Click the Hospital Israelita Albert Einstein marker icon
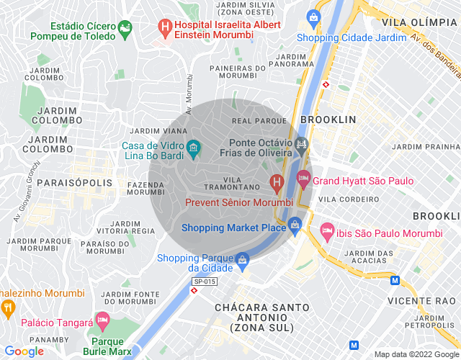(x=165, y=27)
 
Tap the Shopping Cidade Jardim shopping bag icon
(x=313, y=17)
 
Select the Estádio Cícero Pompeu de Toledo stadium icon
(x=126, y=29)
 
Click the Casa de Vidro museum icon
(x=193, y=149)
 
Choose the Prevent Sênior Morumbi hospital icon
(x=275, y=184)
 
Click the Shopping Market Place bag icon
(x=295, y=227)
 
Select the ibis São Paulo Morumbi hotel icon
(x=328, y=231)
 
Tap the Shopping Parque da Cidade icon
(x=243, y=258)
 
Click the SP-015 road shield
(x=204, y=282)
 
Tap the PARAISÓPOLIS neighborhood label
(x=75, y=182)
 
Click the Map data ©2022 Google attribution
(x=416, y=354)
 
